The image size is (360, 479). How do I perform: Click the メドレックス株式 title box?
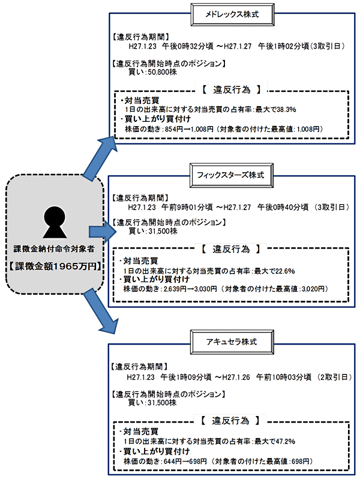(232, 13)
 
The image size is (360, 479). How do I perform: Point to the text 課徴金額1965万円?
(55, 265)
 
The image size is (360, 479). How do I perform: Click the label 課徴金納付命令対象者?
(55, 249)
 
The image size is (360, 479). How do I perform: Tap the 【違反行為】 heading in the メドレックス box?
(231, 90)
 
